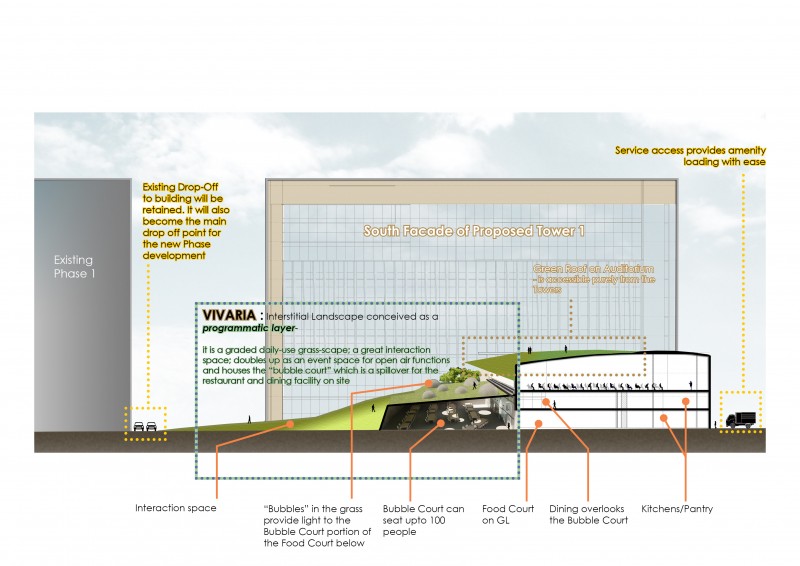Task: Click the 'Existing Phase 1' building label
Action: [75, 266]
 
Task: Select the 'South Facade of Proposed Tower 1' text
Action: [473, 231]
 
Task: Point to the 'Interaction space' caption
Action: [176, 508]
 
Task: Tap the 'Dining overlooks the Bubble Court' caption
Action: [588, 514]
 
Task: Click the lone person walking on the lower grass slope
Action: [249, 417]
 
